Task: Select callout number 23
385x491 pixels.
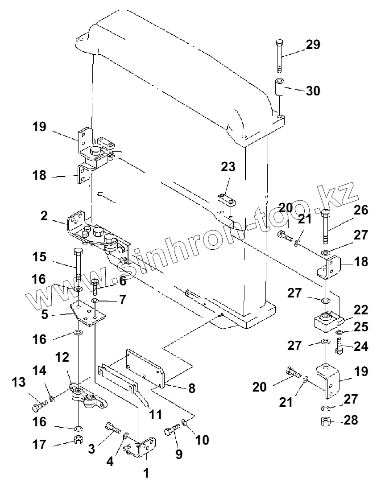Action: [228, 167]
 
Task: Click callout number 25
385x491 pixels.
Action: [362, 328]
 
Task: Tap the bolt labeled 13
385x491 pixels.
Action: [39, 406]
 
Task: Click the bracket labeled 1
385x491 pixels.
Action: [143, 447]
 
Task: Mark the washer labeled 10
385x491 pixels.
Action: [184, 422]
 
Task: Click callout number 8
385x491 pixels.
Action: [191, 388]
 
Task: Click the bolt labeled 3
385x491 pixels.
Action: [112, 429]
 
